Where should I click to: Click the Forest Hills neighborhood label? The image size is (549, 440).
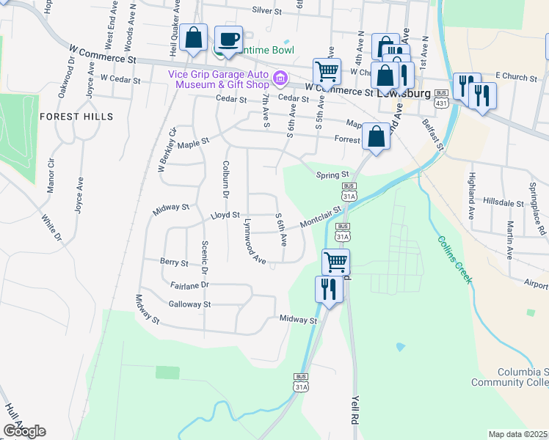point(76,117)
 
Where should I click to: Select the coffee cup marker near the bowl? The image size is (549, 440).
point(228,40)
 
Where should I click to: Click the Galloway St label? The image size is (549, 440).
point(189,304)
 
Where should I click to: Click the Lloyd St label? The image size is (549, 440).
point(225,215)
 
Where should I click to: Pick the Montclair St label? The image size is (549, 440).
point(321,218)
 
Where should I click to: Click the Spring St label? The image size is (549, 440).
point(331,175)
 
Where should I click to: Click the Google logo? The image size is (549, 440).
point(24,431)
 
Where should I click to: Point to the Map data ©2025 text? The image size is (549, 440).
point(517,434)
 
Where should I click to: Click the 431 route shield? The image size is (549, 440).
point(440,98)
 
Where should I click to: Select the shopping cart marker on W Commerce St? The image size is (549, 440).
point(327,72)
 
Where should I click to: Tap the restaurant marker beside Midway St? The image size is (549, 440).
point(329,288)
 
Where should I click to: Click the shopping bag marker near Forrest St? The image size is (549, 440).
point(376,136)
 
